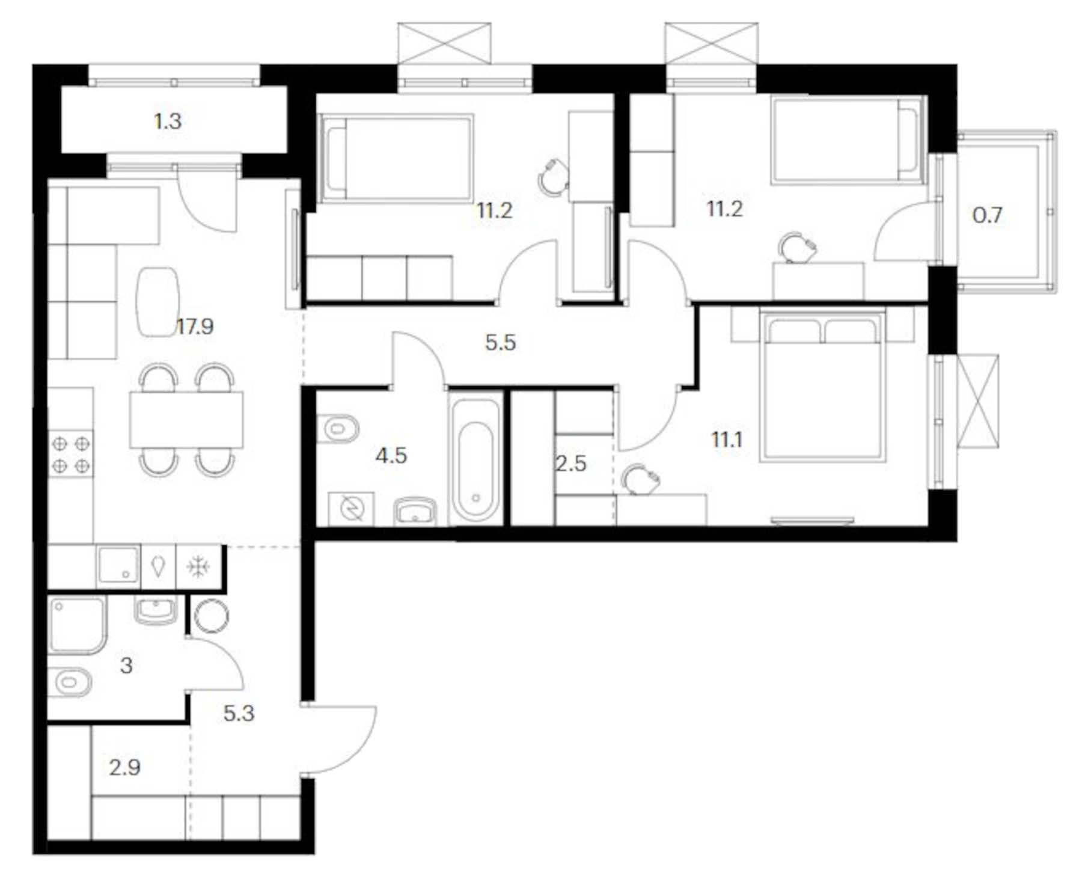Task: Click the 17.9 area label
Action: click(x=195, y=327)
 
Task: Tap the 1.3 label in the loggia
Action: click(x=168, y=121)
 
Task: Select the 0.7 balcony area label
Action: click(x=987, y=215)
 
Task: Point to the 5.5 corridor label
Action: click(x=500, y=343)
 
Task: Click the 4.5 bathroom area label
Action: click(x=391, y=456)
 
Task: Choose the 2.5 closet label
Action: click(x=570, y=464)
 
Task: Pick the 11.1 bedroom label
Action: click(x=727, y=440)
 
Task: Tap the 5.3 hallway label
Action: click(x=239, y=714)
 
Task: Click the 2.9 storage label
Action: click(x=125, y=768)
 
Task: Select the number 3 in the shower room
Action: click(x=126, y=666)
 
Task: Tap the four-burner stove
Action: click(x=71, y=454)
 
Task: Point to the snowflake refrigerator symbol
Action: click(x=198, y=567)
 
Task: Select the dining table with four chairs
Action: click(x=186, y=420)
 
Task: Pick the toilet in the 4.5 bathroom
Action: click(x=338, y=429)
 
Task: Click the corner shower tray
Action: click(x=77, y=625)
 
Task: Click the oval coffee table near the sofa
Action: click(x=157, y=301)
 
